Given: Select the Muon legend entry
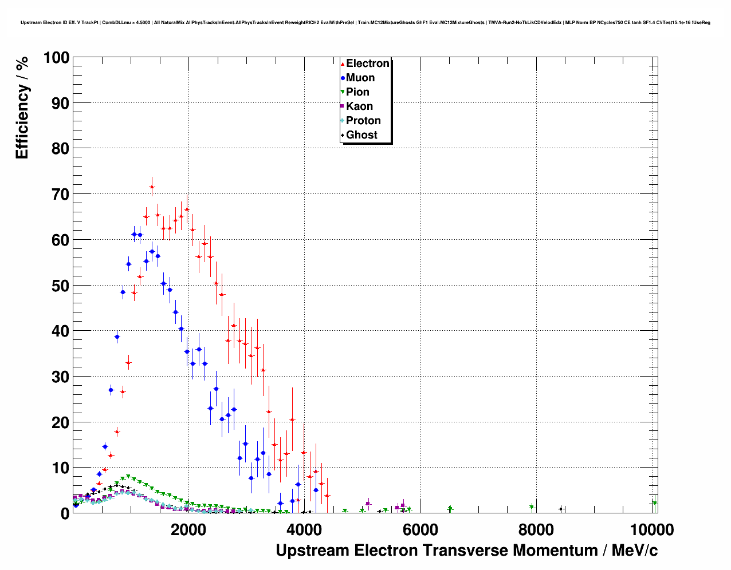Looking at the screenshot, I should click(x=360, y=78).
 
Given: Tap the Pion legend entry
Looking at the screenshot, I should click(x=357, y=92).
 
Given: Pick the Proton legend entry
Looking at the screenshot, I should click(x=363, y=121).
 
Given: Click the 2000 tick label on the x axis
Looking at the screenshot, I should click(x=188, y=530).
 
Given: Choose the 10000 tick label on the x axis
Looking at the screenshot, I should click(x=651, y=530).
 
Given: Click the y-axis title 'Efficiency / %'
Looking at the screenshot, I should click(x=22, y=108).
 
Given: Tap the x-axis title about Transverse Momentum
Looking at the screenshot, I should click(x=466, y=551).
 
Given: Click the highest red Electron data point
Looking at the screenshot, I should click(x=152, y=187).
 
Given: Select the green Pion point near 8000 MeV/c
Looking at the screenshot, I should click(x=532, y=507).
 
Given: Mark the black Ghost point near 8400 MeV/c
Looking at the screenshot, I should click(x=561, y=509).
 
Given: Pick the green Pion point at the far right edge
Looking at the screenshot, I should click(x=654, y=503).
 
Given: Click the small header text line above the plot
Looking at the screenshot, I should click(x=365, y=22).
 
